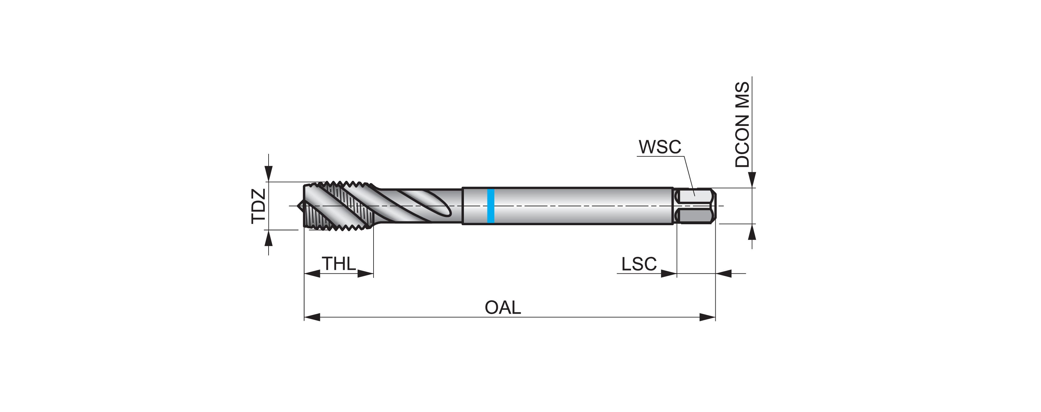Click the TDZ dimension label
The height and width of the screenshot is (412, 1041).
(x=259, y=206)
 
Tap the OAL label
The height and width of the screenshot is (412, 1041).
(x=503, y=308)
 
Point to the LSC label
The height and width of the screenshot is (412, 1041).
(x=639, y=265)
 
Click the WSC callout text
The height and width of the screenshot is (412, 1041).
(x=660, y=147)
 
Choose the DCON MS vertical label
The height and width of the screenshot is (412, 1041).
(x=742, y=125)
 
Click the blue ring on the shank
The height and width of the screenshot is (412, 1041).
(x=491, y=206)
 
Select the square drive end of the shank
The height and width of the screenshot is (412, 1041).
(x=695, y=206)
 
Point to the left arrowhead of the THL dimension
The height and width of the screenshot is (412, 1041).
(x=312, y=274)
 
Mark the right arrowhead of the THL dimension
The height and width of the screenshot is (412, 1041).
(x=366, y=274)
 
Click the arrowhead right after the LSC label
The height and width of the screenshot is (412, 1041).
(x=669, y=274)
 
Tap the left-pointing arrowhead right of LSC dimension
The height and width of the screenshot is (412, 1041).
(x=724, y=274)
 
